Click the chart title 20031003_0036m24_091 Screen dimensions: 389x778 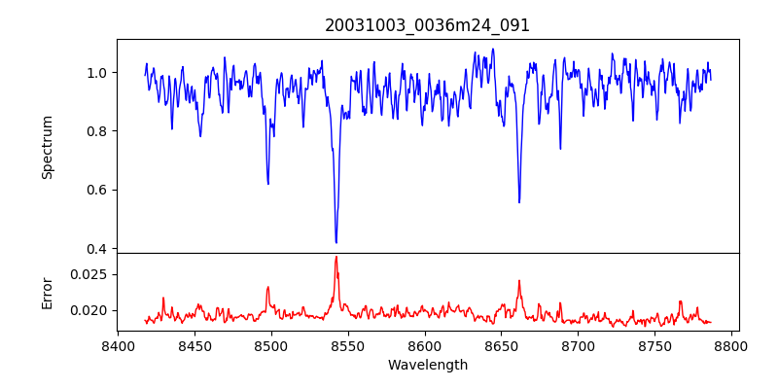click(427, 25)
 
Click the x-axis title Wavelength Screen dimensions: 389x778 click(427, 366)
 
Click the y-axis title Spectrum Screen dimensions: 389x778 click(47, 147)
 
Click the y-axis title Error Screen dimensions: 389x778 click(47, 293)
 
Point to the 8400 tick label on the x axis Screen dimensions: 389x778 click(118, 345)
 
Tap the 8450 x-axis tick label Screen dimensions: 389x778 click(194, 345)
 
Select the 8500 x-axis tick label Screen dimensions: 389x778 click(271, 345)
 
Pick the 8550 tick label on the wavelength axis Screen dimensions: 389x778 click(348, 345)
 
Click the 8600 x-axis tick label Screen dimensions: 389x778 click(425, 345)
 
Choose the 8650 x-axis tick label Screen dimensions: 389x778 click(502, 345)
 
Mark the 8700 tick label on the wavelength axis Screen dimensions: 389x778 click(579, 345)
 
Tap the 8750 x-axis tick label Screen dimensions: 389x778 click(655, 345)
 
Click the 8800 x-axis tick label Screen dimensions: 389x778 click(732, 345)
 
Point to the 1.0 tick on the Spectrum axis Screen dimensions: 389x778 click(97, 73)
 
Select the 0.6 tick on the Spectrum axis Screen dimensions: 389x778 click(97, 190)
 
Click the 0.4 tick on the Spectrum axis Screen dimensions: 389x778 click(97, 249)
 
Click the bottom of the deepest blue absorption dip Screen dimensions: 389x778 click(336, 242)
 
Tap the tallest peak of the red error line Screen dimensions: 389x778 click(336, 257)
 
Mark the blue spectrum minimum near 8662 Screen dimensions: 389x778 click(519, 202)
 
